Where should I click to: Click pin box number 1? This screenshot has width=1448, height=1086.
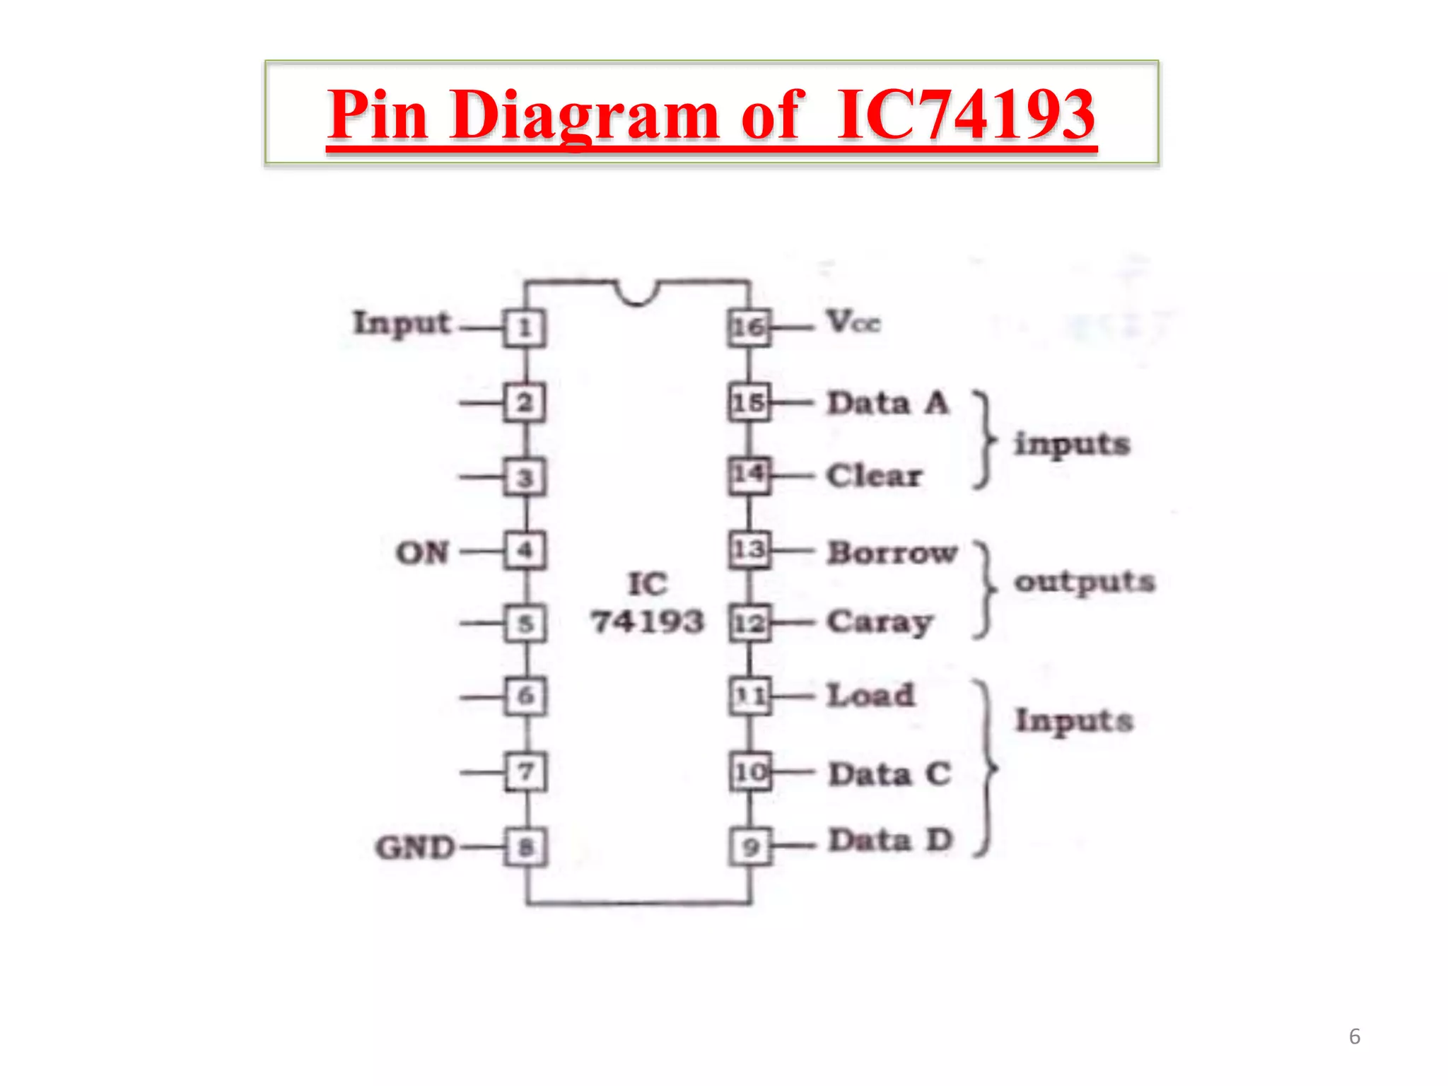pyautogui.click(x=525, y=328)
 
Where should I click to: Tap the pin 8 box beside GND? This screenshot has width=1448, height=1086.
pyautogui.click(x=525, y=846)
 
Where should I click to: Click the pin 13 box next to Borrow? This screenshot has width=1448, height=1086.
pyautogui.click(x=749, y=549)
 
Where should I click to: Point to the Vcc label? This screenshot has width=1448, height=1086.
pyautogui.click(x=853, y=322)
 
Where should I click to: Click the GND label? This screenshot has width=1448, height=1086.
pyautogui.click(x=415, y=847)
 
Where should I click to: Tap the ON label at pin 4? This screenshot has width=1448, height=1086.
pyautogui.click(x=422, y=552)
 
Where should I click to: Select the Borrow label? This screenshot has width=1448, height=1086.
pyautogui.click(x=892, y=552)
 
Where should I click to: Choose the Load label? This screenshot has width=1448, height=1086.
pyautogui.click(x=871, y=695)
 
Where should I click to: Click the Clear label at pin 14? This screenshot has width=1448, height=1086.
pyautogui.click(x=875, y=475)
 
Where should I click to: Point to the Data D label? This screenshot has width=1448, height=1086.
pyautogui.click(x=891, y=841)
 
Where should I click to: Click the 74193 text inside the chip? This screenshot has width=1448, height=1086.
pyautogui.click(x=648, y=621)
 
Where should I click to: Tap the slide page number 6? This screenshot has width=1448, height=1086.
pyautogui.click(x=1354, y=1037)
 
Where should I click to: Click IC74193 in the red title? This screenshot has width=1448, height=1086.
pyautogui.click(x=966, y=114)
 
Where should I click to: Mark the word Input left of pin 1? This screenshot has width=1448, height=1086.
pyautogui.click(x=402, y=323)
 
